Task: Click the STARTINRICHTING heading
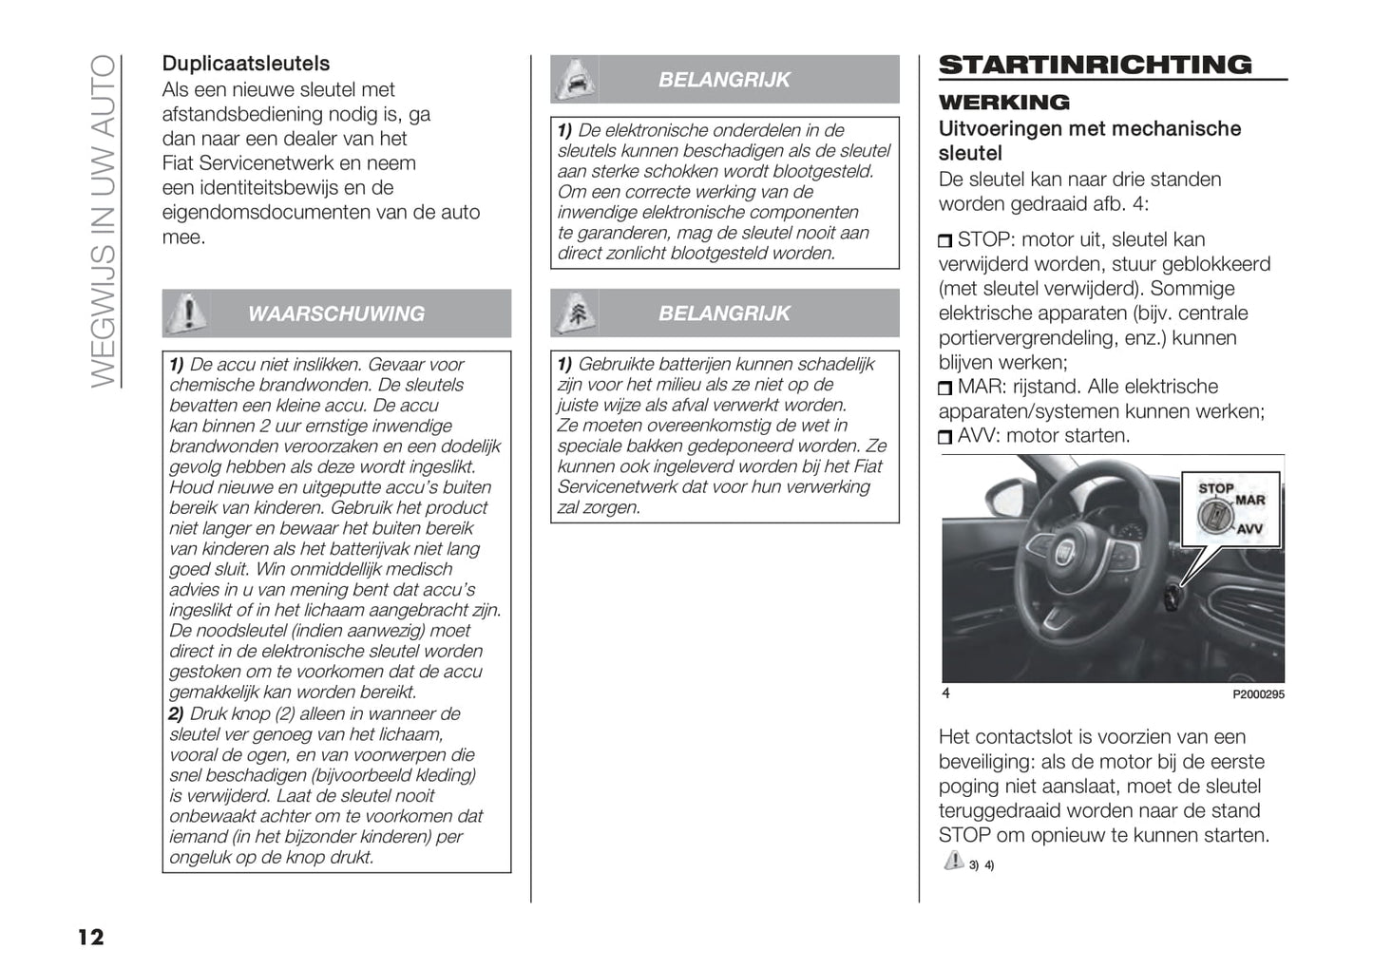click(1095, 65)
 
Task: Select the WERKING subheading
click(1003, 103)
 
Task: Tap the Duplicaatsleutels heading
click(246, 64)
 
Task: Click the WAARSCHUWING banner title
click(336, 313)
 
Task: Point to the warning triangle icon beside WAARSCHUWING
click(190, 312)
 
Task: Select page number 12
click(90, 938)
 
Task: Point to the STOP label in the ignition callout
click(1215, 488)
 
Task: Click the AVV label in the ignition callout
click(1249, 529)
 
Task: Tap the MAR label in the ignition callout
click(1250, 501)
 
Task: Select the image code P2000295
click(1258, 694)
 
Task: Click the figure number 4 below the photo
click(945, 693)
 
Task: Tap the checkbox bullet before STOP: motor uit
click(944, 241)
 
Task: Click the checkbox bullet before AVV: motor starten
click(944, 438)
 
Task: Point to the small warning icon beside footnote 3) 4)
click(953, 861)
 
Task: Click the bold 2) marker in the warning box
click(177, 713)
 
